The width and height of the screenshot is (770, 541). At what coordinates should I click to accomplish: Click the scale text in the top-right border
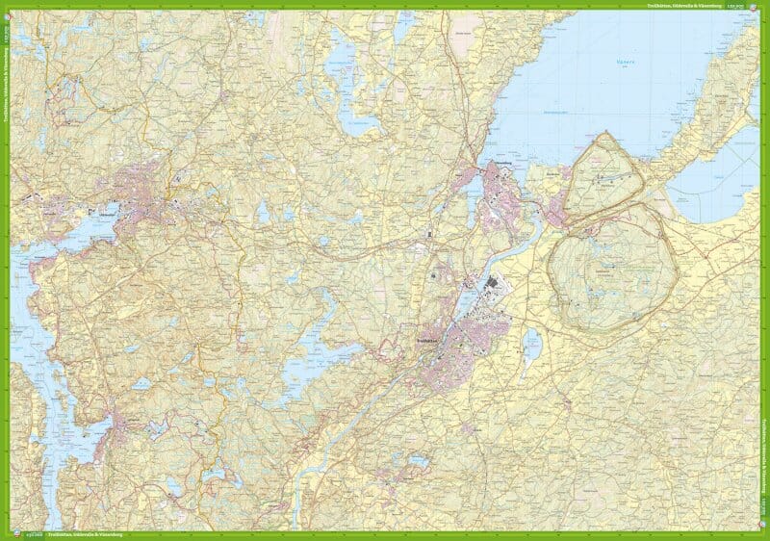pyautogui.click(x=737, y=7)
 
